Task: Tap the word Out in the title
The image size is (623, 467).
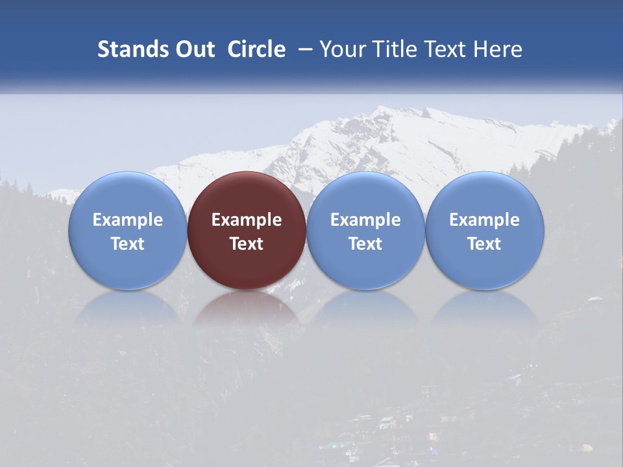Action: tap(194, 49)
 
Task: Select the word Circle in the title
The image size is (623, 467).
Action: tap(256, 49)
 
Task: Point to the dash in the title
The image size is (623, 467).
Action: tap(304, 49)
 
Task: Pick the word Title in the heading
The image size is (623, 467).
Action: tap(397, 49)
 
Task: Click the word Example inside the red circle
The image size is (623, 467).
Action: tap(247, 220)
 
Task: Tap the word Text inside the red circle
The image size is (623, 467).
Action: tap(247, 244)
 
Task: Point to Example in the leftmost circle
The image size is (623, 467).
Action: tap(127, 220)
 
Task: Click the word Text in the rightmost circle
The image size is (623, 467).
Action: tap(485, 244)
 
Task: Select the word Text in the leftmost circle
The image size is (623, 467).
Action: tap(127, 244)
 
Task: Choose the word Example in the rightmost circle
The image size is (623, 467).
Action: tap(485, 220)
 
